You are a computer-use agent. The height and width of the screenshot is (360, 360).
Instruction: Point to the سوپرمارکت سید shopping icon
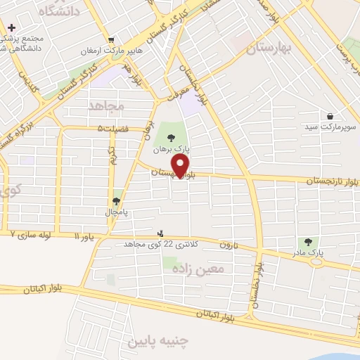[x=330, y=116]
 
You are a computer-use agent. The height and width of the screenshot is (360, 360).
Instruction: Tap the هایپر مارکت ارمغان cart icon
[x=110, y=39]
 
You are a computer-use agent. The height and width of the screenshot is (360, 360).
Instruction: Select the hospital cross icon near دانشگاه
[x=11, y=27]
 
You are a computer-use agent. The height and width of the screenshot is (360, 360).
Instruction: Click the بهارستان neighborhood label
[x=269, y=49]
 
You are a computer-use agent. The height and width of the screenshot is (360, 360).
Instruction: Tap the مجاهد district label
[x=106, y=105]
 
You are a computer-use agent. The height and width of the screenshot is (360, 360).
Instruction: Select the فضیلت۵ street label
[x=114, y=129]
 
